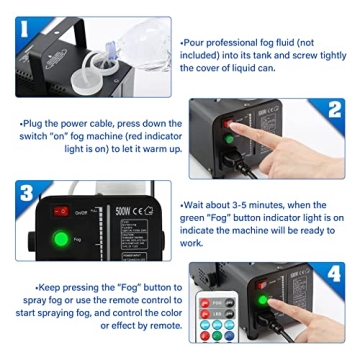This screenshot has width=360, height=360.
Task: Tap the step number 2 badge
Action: click(x=339, y=107)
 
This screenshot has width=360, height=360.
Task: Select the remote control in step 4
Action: click(x=212, y=320)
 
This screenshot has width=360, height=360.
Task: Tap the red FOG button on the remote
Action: click(x=203, y=304)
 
